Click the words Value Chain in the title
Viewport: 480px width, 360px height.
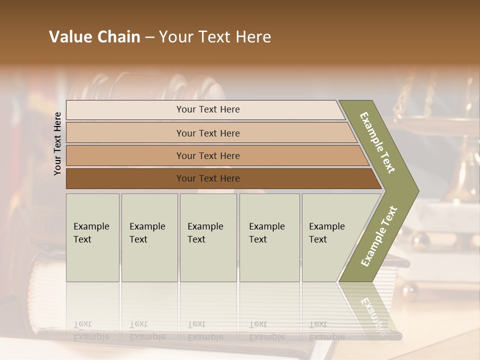94,37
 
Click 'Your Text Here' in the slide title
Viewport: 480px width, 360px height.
215,37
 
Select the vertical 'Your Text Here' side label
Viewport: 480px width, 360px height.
57,143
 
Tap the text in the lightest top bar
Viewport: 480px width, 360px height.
208,109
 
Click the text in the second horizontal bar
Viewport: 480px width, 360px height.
208,133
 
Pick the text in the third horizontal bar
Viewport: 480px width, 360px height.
208,156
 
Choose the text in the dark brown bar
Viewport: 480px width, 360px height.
208,178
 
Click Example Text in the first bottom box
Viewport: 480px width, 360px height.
91,233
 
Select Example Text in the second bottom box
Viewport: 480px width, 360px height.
147,233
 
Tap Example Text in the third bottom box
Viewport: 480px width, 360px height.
205,233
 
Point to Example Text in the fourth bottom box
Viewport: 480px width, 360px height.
266,233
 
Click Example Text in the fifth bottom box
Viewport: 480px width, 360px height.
326,233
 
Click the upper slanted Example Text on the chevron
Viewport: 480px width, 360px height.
377,142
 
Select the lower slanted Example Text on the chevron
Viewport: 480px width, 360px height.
379,236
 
